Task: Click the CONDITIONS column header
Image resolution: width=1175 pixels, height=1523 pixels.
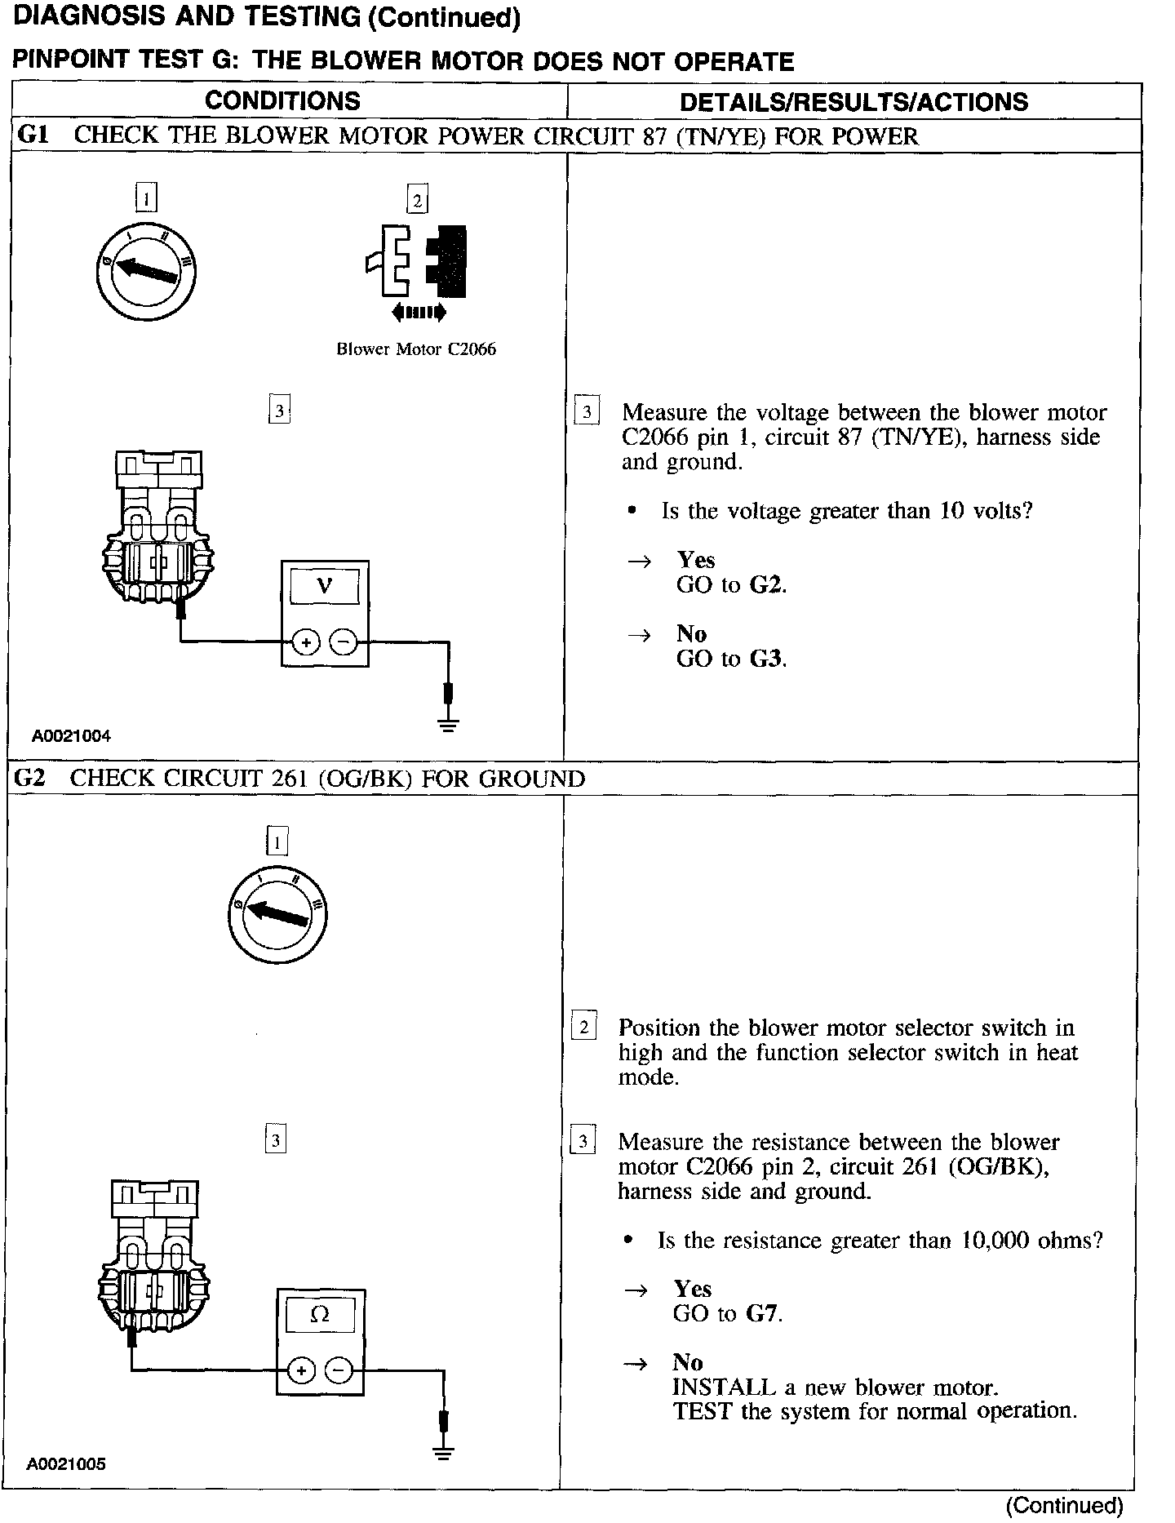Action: [x=282, y=100]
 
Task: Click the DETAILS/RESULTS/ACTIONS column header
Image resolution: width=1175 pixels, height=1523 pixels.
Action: [x=854, y=101]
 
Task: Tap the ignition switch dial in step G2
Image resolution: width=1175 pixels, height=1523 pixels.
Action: [x=277, y=913]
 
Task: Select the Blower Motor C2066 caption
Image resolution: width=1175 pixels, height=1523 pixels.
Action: [x=416, y=349]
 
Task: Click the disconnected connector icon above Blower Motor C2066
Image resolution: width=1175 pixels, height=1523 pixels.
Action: [x=417, y=260]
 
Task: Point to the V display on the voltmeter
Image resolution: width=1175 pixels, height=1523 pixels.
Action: [x=325, y=586]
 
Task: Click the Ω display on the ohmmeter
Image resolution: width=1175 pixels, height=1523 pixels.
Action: [x=320, y=1315]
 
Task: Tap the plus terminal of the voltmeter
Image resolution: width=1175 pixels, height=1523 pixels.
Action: [x=306, y=643]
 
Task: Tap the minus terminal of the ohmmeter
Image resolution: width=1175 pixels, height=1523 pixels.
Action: [x=339, y=1370]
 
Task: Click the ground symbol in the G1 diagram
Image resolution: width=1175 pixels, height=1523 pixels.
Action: [x=448, y=723]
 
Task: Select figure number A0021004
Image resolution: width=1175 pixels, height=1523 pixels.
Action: [x=71, y=736]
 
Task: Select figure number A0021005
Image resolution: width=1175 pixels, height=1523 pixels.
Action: [x=66, y=1464]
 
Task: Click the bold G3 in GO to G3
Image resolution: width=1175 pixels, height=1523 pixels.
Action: [x=765, y=659]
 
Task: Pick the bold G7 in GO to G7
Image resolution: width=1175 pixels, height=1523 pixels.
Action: [x=761, y=1314]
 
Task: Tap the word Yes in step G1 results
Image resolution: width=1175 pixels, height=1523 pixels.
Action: [x=695, y=560]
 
